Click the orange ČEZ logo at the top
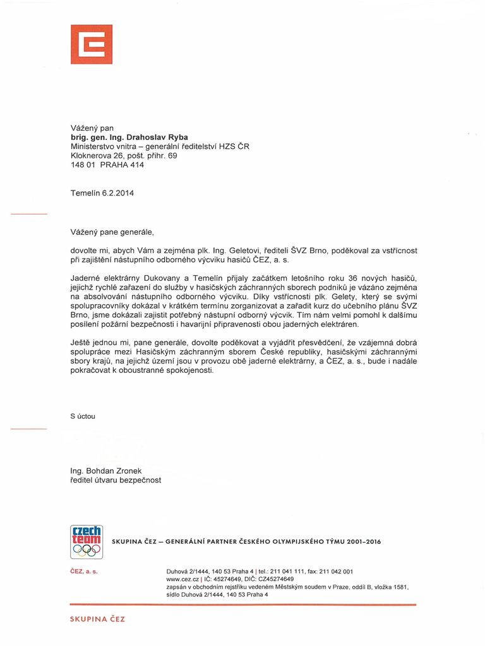[x=92, y=44]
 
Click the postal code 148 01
[x=83, y=165]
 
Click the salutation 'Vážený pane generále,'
[x=112, y=232]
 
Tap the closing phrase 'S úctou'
[x=83, y=416]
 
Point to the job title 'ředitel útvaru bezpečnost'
[x=116, y=480]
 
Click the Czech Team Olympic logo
[x=86, y=542]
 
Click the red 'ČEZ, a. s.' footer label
[x=84, y=572]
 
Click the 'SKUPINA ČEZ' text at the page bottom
[x=97, y=620]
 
